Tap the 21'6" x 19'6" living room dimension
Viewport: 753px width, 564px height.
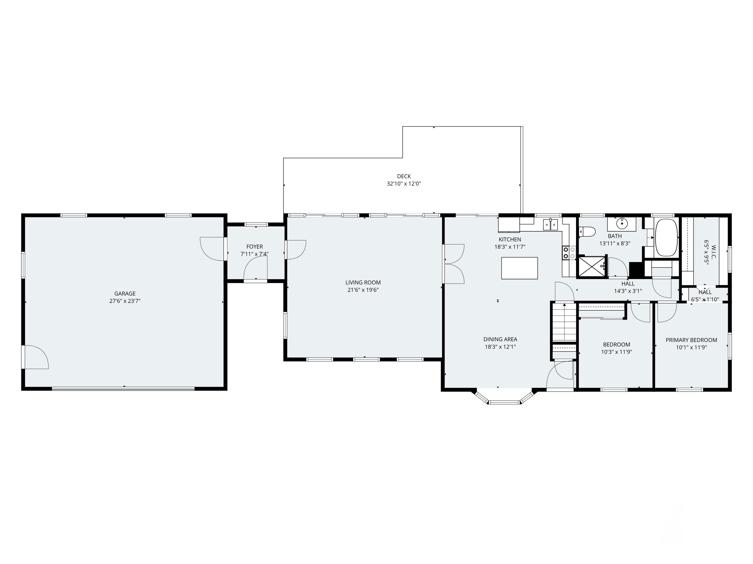[x=363, y=290]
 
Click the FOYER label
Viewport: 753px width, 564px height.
[x=254, y=246]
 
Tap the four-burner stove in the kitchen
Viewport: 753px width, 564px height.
[x=569, y=253]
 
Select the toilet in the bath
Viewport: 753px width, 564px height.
[x=587, y=232]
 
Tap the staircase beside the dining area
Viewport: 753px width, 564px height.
[x=564, y=323]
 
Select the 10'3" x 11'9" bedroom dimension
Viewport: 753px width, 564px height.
[x=616, y=352]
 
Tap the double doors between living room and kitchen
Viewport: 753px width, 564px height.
[x=454, y=264]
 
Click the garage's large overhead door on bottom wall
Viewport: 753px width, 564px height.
[x=123, y=389]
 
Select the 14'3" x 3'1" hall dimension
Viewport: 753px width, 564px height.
[x=628, y=291]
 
